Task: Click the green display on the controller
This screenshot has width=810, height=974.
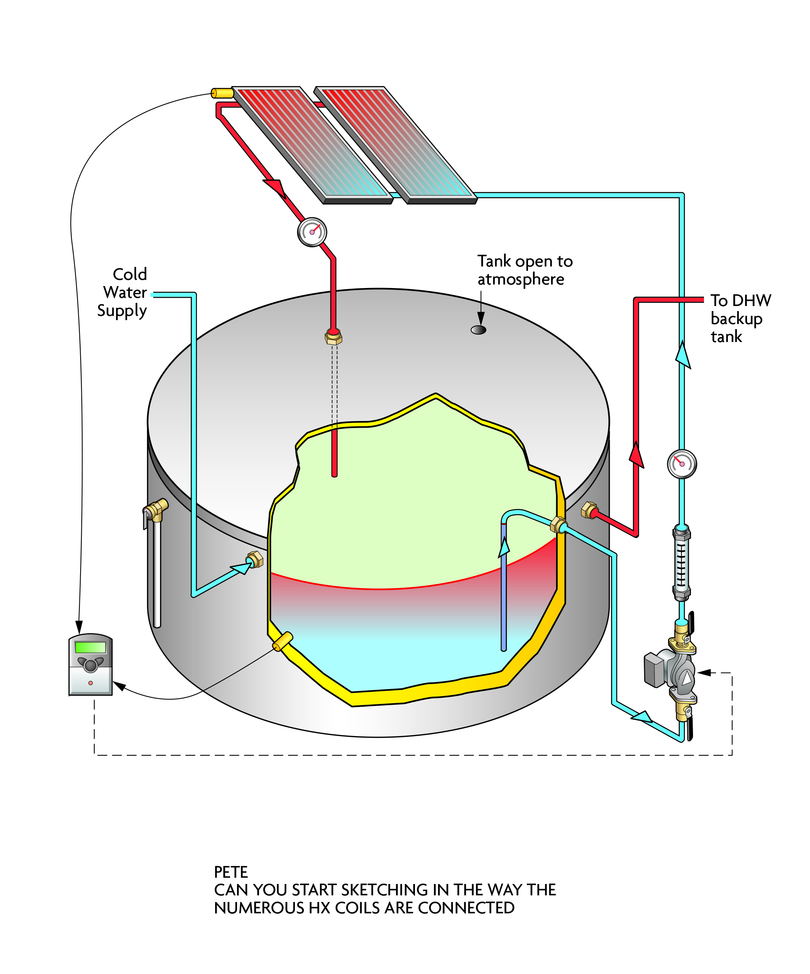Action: [x=90, y=647]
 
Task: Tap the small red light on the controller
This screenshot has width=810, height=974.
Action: [x=90, y=683]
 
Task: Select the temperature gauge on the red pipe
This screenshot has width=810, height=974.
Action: [x=312, y=232]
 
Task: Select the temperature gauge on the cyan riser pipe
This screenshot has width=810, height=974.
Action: [x=682, y=464]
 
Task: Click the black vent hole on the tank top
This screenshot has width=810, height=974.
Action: [x=478, y=330]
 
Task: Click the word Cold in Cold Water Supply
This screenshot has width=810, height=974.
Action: [x=130, y=274]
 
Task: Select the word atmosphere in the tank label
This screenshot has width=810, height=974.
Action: [x=521, y=279]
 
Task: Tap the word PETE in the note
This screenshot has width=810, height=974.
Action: [x=231, y=872]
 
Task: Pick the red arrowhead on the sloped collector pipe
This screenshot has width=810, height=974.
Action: [x=277, y=187]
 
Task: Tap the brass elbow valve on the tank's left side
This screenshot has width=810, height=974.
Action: [x=156, y=510]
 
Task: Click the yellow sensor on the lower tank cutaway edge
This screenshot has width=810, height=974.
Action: [x=282, y=641]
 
